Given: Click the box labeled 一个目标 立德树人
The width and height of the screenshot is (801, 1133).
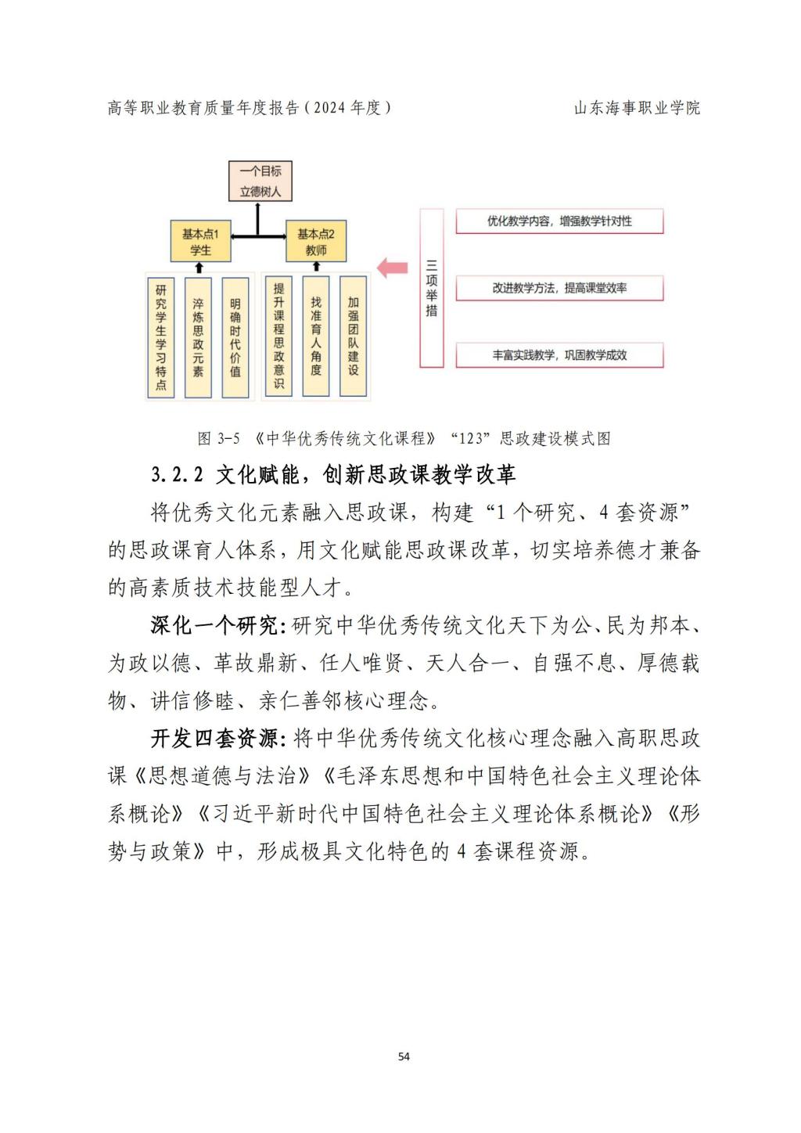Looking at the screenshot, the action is click(x=260, y=181).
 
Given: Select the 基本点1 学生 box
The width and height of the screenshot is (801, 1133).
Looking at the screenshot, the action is click(x=200, y=241).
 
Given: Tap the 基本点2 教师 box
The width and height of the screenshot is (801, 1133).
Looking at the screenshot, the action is click(x=316, y=241).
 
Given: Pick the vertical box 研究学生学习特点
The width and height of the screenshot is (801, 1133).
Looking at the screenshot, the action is click(x=161, y=337).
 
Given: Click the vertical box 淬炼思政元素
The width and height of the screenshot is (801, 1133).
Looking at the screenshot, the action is click(x=198, y=337).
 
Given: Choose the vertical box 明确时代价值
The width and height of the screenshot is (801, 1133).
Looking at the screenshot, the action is click(x=235, y=337).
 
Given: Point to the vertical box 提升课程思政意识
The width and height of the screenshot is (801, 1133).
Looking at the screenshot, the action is click(x=278, y=336).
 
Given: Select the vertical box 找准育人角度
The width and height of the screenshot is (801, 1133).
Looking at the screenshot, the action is click(x=316, y=336).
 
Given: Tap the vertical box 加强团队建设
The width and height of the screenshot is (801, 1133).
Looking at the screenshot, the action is click(x=353, y=336).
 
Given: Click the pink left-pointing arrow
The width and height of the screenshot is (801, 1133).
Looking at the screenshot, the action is click(x=393, y=268).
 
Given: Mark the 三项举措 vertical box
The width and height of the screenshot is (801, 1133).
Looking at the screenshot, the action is click(x=432, y=288).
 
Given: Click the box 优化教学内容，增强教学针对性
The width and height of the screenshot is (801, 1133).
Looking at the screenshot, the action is click(x=559, y=221).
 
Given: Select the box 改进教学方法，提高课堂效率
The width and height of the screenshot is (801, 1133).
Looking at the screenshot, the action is click(x=559, y=288).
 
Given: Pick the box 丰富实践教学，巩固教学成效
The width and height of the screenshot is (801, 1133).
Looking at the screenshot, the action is click(x=559, y=355).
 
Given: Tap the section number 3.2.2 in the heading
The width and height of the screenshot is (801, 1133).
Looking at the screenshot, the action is click(x=177, y=474).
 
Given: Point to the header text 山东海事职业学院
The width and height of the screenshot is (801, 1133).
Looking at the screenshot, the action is click(x=638, y=108).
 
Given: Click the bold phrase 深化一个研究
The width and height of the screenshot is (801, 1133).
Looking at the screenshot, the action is click(x=214, y=626).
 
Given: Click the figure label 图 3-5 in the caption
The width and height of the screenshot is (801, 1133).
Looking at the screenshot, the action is click(x=218, y=438).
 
